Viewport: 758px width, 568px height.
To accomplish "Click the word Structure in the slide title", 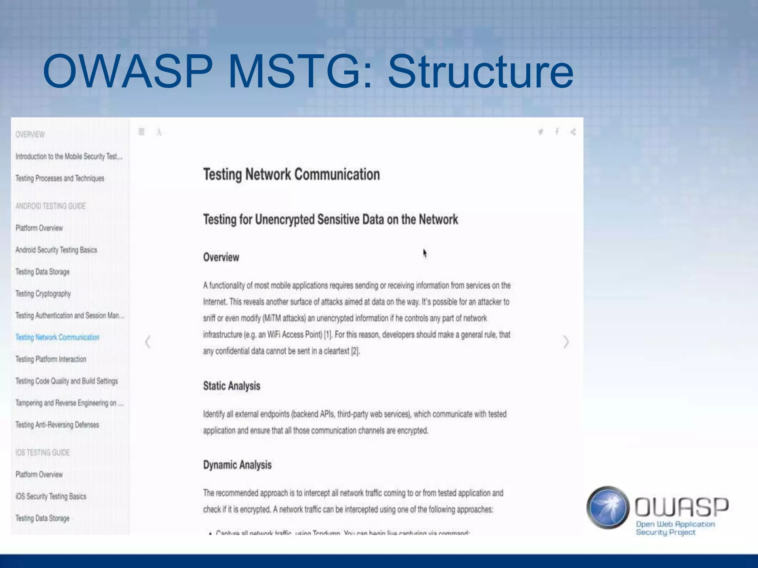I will [x=480, y=72].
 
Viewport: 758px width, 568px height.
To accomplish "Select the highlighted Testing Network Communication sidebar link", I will [x=57, y=337].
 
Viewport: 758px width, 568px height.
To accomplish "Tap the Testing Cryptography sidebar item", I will [x=43, y=294].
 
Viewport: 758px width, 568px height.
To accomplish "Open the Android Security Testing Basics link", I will [x=56, y=250].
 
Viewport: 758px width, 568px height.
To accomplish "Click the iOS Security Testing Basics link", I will [x=51, y=496].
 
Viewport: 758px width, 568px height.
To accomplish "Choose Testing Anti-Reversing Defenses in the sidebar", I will [x=57, y=425].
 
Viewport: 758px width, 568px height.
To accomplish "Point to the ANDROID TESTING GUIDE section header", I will [x=50, y=206].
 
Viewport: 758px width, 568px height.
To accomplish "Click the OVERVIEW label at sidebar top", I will [x=30, y=135].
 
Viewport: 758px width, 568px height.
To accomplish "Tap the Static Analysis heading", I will [x=232, y=386].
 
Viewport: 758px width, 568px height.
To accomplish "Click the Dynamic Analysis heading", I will [x=237, y=465].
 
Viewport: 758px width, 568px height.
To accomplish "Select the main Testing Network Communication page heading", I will [x=291, y=175].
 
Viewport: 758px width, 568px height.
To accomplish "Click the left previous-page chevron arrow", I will [x=148, y=342].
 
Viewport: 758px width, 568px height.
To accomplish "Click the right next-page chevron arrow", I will [x=566, y=342].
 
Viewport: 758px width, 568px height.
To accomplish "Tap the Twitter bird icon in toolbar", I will [x=540, y=132].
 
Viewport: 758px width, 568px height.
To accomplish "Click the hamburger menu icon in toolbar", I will [x=141, y=132].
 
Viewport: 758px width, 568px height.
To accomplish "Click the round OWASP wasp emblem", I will [x=608, y=507].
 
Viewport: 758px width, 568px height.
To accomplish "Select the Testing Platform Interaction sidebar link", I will [x=51, y=359].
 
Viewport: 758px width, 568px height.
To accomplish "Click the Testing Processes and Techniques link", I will [x=60, y=178].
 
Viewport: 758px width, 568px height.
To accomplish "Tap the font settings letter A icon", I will [x=159, y=132].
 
